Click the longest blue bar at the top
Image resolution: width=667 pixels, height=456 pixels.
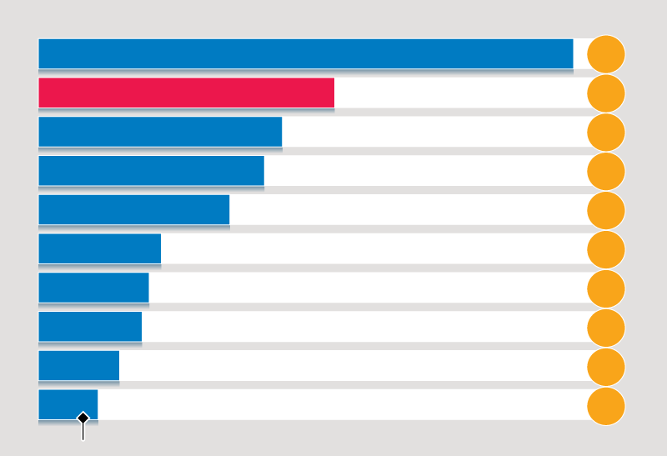click(x=305, y=54)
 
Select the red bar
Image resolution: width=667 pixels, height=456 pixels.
click(x=186, y=93)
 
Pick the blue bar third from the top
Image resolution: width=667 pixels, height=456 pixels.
click(x=160, y=132)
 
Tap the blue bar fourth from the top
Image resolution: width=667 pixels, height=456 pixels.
click(x=151, y=171)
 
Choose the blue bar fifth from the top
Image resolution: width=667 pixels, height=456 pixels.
click(x=133, y=210)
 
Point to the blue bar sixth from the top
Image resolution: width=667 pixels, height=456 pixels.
click(x=99, y=248)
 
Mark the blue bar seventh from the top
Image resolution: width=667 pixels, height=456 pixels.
click(x=93, y=288)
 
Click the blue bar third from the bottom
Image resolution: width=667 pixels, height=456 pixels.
click(x=90, y=327)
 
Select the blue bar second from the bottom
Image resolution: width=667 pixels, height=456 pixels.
click(x=78, y=366)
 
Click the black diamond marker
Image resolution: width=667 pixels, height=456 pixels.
click(x=83, y=418)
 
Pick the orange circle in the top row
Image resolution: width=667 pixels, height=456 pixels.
click(x=606, y=54)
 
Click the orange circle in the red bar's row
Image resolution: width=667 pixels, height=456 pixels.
click(x=606, y=93)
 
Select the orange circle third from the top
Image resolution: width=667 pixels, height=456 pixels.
click(x=606, y=133)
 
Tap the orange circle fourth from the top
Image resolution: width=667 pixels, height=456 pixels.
click(x=606, y=172)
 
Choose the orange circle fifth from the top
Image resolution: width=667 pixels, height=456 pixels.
click(x=606, y=210)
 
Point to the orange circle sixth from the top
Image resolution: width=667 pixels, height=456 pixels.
click(x=606, y=249)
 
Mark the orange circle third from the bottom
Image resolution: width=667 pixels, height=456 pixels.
click(x=606, y=328)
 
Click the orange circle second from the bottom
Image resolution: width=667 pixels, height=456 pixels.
click(x=606, y=367)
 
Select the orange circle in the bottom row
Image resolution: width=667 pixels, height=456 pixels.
click(x=606, y=406)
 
